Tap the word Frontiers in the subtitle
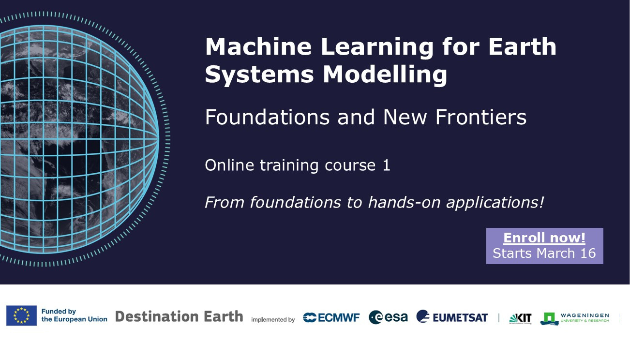click(x=481, y=117)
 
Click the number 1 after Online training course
click(x=386, y=165)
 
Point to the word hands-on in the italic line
click(x=404, y=202)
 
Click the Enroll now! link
click(x=544, y=238)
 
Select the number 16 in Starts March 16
click(x=588, y=253)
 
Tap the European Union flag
click(x=21, y=315)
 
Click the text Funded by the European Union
click(x=74, y=315)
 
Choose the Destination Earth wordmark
click(x=179, y=317)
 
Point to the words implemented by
click(x=273, y=319)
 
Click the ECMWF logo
click(x=331, y=317)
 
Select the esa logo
click(x=388, y=317)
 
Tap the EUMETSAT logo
click(x=452, y=317)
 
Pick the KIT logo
click(x=520, y=318)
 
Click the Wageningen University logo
click(x=575, y=318)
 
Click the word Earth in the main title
click(x=522, y=47)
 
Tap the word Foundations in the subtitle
click(x=267, y=117)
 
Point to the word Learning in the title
click(x=377, y=47)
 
